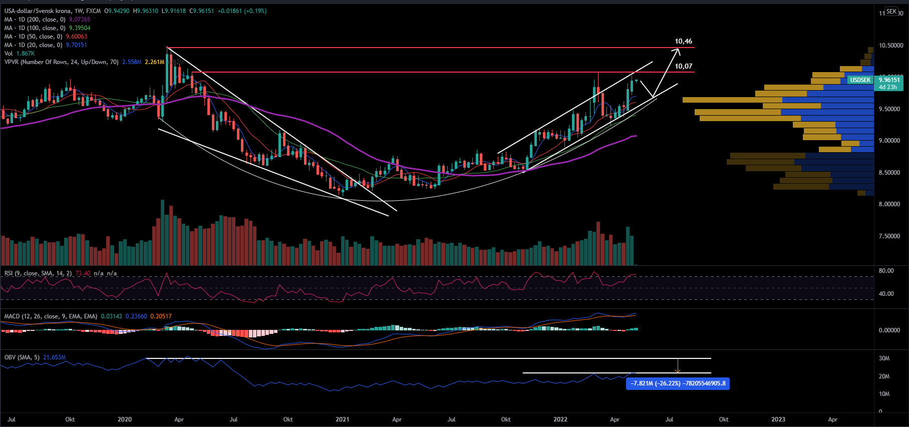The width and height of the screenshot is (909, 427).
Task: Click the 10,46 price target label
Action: (683, 42)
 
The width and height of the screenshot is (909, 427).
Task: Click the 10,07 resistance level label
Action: (683, 66)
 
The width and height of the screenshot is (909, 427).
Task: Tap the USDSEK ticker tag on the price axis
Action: (860, 80)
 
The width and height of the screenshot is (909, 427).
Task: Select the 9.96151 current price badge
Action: (889, 80)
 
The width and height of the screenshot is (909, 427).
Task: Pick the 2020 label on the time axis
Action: (125, 419)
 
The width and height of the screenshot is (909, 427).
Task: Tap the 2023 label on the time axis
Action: (778, 419)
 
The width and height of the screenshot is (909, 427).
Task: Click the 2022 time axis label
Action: (560, 419)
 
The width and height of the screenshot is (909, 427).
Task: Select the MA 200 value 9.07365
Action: (80, 20)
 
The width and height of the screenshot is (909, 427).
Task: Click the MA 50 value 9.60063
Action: (77, 37)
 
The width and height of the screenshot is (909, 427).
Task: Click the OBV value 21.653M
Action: (55, 357)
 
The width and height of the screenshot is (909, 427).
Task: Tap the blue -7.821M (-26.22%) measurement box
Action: (678, 383)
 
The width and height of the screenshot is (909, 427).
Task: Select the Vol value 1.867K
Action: (26, 54)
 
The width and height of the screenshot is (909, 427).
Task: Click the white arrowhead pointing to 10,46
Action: (678, 51)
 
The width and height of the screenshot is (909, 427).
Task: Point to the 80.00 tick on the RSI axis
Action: (886, 271)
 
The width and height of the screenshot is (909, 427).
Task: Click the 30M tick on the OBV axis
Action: (884, 358)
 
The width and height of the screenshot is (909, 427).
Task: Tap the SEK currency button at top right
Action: (891, 11)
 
